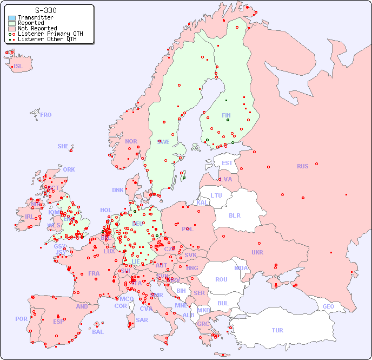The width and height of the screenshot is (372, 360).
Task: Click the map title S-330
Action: click(x=45, y=10)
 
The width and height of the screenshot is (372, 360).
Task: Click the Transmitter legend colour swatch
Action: click(x=12, y=18)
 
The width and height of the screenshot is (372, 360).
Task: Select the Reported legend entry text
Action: click(x=31, y=23)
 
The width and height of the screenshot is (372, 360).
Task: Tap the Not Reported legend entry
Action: click(x=37, y=29)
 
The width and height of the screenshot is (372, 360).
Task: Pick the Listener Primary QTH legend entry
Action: click(x=50, y=34)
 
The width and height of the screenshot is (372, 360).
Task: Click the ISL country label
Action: click(x=18, y=67)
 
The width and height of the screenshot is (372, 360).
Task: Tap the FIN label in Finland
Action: click(x=226, y=115)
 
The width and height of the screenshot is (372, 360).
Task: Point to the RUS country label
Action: click(x=302, y=166)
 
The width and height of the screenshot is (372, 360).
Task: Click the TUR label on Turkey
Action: click(x=277, y=330)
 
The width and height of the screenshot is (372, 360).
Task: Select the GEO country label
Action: click(x=328, y=306)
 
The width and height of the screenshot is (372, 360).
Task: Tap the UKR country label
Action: click(x=257, y=252)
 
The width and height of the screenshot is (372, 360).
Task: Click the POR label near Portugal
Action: click(x=21, y=319)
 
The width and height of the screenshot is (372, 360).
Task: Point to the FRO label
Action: click(x=46, y=115)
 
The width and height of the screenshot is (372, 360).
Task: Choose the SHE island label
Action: click(x=63, y=146)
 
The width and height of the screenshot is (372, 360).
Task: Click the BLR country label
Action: click(x=234, y=215)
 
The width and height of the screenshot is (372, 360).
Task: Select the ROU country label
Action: click(x=221, y=279)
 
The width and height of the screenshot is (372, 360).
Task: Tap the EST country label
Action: click(x=227, y=163)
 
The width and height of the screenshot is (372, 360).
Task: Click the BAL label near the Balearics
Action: click(x=97, y=332)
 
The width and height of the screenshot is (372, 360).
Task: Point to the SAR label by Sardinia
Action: click(x=142, y=320)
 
